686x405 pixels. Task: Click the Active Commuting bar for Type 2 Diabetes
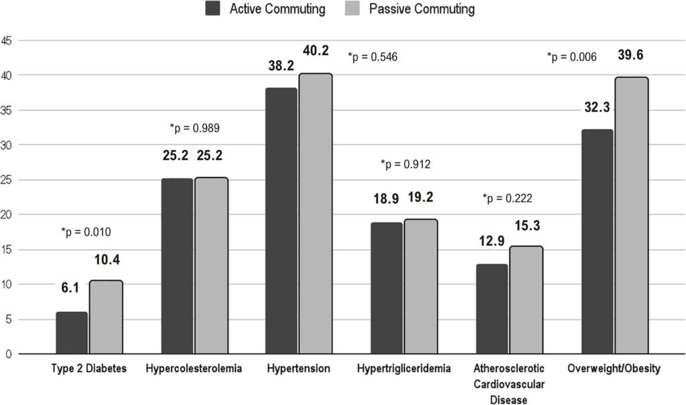pyautogui.click(x=72, y=333)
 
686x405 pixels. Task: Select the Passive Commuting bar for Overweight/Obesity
pyautogui.click(x=632, y=215)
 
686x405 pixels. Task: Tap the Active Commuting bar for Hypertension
pyautogui.click(x=281, y=221)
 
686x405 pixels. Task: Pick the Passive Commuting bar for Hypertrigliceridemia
pyautogui.click(x=421, y=287)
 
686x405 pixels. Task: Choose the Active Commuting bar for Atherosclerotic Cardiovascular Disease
pyautogui.click(x=492, y=309)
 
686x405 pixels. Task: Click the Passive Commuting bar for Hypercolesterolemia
pyautogui.click(x=211, y=266)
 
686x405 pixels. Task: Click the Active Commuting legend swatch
pyautogui.click(x=212, y=8)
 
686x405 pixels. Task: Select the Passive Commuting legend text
pyautogui.click(x=422, y=9)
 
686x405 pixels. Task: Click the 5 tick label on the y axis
pyautogui.click(x=9, y=319)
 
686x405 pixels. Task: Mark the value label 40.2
pyautogui.click(x=316, y=51)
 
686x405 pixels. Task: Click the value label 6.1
pyautogui.click(x=70, y=288)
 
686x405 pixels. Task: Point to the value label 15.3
pyautogui.click(x=527, y=226)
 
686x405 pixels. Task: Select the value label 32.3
pyautogui.click(x=597, y=107)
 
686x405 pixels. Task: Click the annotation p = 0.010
pyautogui.click(x=86, y=232)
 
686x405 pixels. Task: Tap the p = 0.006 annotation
pyautogui.click(x=572, y=57)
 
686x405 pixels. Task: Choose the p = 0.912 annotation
pyautogui.click(x=405, y=165)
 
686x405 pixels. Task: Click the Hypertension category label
pyautogui.click(x=299, y=368)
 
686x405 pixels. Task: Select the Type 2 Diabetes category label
pyautogui.click(x=89, y=368)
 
